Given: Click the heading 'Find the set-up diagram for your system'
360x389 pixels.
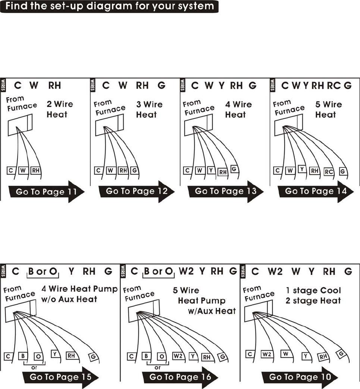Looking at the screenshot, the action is [109, 6].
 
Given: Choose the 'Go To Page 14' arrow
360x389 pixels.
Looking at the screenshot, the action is [316, 192].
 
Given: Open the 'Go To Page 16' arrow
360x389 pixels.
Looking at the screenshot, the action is [180, 377].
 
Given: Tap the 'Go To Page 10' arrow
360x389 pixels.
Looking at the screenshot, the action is [300, 377].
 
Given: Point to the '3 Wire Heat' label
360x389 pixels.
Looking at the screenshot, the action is [149, 109].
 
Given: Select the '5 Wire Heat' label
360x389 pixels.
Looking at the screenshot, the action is [328, 109].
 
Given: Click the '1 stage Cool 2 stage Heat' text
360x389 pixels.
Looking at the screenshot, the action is [313, 295].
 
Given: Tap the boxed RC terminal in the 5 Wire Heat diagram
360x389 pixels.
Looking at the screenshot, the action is [329, 172].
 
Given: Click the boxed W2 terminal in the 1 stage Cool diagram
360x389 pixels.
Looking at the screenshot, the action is [266, 354].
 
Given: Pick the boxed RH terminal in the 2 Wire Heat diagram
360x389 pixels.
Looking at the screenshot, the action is [35, 170].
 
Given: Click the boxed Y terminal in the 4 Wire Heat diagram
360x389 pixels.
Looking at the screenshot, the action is [211, 170].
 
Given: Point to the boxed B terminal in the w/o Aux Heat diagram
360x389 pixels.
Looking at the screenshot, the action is [23, 355].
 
